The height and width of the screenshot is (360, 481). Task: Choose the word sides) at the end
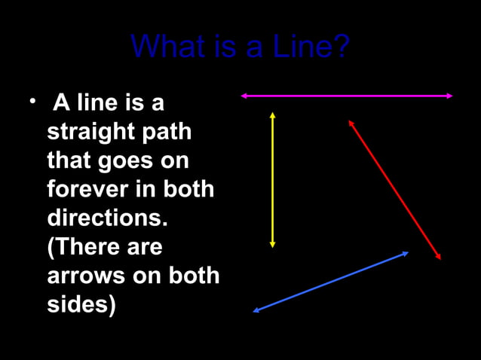(81, 305)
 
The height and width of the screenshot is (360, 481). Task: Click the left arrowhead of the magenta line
(244, 96)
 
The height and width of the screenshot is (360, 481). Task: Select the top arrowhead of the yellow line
(272, 115)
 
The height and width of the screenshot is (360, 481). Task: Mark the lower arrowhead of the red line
(438, 257)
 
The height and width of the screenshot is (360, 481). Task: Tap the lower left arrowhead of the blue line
(256, 310)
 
